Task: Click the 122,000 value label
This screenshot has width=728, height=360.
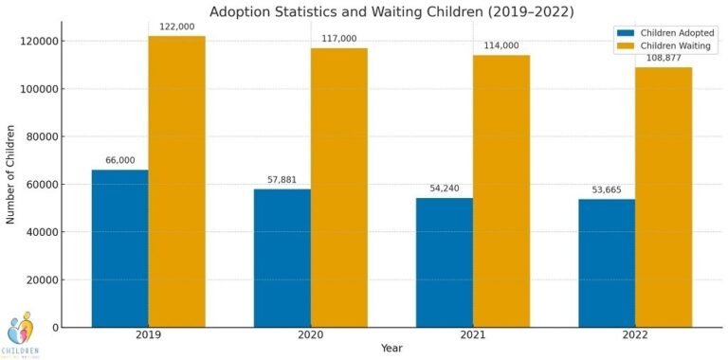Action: click(176, 27)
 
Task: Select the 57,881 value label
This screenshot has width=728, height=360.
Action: click(282, 180)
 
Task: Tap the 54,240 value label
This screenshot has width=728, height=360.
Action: click(445, 189)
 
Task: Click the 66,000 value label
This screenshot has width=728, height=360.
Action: click(119, 161)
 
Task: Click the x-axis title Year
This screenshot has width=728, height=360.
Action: click(391, 349)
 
